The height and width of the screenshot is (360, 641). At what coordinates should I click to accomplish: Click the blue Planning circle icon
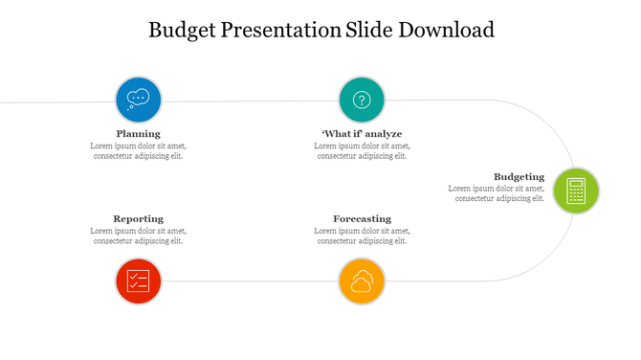139,100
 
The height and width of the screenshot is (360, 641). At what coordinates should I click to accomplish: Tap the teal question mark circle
362,100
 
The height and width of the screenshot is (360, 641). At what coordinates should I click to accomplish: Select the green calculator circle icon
575,191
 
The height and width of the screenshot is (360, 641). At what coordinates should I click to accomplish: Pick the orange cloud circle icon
362,281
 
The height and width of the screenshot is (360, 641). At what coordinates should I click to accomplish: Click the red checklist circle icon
139,281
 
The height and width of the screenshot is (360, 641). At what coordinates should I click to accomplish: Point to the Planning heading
139,133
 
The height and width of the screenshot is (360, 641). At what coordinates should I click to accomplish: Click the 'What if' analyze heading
362,133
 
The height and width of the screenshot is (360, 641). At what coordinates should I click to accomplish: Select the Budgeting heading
519,176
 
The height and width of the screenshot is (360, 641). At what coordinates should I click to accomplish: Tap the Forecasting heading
362,218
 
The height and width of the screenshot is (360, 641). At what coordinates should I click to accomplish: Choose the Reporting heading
139,218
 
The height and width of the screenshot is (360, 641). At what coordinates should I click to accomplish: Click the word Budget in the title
182,30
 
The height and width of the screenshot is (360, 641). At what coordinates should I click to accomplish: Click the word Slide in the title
365,30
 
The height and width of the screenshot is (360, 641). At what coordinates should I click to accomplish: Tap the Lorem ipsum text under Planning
139,151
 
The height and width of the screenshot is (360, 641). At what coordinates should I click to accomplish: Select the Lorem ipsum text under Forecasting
362,236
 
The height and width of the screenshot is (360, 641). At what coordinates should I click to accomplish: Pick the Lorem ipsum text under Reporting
139,236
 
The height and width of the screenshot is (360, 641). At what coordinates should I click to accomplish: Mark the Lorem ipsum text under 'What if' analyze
362,151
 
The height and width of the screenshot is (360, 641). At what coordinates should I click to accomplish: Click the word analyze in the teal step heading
381,133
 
